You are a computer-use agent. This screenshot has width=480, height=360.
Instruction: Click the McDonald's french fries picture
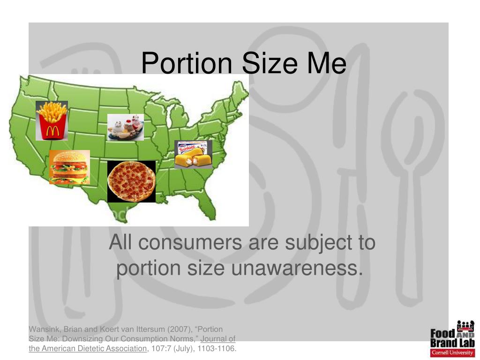pyautogui.click(x=52, y=120)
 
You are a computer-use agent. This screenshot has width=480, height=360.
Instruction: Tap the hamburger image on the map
pyautogui.click(x=69, y=167)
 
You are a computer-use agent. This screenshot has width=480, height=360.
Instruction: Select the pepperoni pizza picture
pyautogui.click(x=131, y=181)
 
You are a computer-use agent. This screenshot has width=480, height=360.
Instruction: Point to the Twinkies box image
pyautogui.click(x=193, y=154)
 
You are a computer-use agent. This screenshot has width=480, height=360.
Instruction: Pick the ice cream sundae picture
pyautogui.click(x=125, y=127)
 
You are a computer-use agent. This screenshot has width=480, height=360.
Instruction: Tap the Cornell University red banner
pyautogui.click(x=452, y=353)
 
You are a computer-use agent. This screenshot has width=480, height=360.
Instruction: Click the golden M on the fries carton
pyautogui.click(x=52, y=132)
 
